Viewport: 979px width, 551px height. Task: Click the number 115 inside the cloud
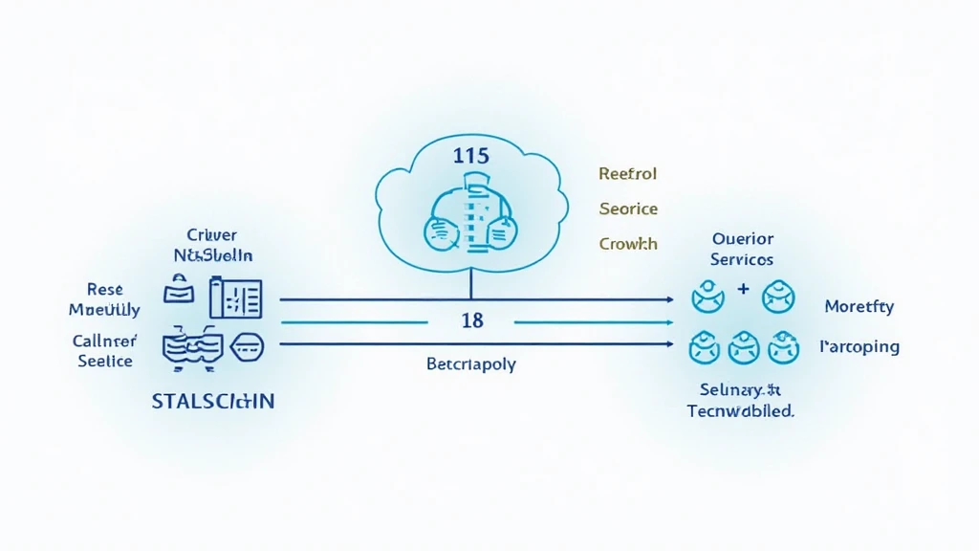coord(471,156)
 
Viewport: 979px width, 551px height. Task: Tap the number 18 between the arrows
coord(472,321)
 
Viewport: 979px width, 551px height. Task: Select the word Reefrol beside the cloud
coord(628,174)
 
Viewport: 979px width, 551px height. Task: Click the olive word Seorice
coord(628,209)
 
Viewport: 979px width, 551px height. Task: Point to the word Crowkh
coord(628,244)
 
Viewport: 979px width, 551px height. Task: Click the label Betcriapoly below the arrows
coord(470,364)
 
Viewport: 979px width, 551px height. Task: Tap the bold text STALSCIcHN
coord(213,401)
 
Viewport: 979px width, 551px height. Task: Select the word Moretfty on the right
coord(859,307)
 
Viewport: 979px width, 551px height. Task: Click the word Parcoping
coord(859,346)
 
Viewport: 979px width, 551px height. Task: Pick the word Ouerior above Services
coord(743,239)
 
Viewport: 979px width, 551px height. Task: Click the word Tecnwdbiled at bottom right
coord(741,411)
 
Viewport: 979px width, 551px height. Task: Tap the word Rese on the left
coord(104,289)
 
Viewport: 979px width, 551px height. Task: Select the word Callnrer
coord(104,341)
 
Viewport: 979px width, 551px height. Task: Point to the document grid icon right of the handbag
coord(235,298)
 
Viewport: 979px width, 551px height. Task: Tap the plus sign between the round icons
coord(743,288)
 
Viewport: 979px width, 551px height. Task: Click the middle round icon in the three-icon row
coord(743,348)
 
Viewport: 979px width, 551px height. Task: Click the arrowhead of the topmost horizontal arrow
coord(669,299)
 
